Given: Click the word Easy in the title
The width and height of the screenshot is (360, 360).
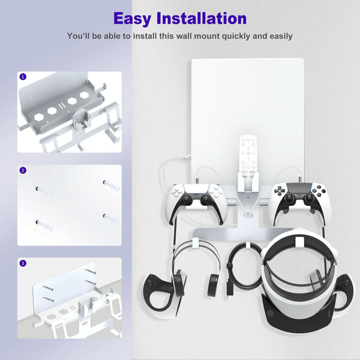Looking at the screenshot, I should pos(136,18).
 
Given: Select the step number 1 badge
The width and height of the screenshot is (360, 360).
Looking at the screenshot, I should pos(23,77).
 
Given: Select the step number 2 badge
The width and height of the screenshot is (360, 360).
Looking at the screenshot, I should pos(23,170).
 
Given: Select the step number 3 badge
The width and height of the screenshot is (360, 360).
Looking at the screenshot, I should pos(23,263).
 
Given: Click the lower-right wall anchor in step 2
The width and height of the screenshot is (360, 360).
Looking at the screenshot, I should pos(110,218).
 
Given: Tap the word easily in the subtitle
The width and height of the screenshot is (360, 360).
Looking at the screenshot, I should pos(277,36).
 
